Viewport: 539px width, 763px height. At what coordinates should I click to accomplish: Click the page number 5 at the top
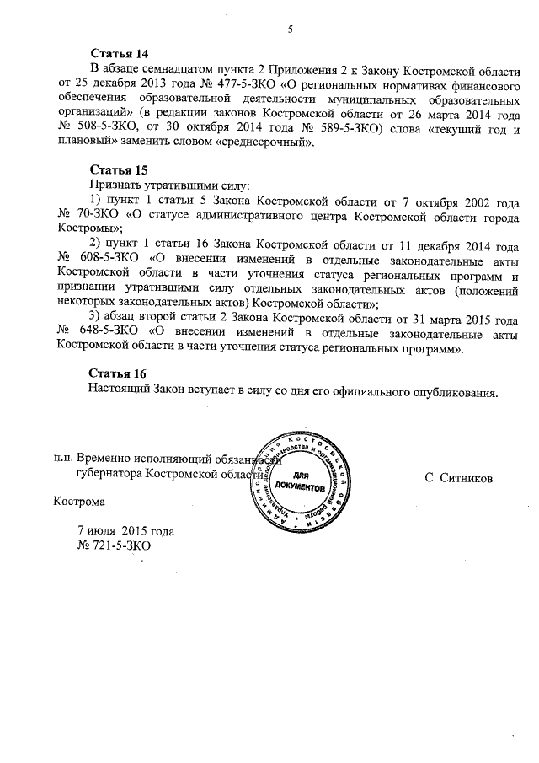click(289, 30)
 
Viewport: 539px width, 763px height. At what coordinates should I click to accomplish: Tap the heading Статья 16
click(118, 373)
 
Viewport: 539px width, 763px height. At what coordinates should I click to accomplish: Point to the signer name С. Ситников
click(459, 479)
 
